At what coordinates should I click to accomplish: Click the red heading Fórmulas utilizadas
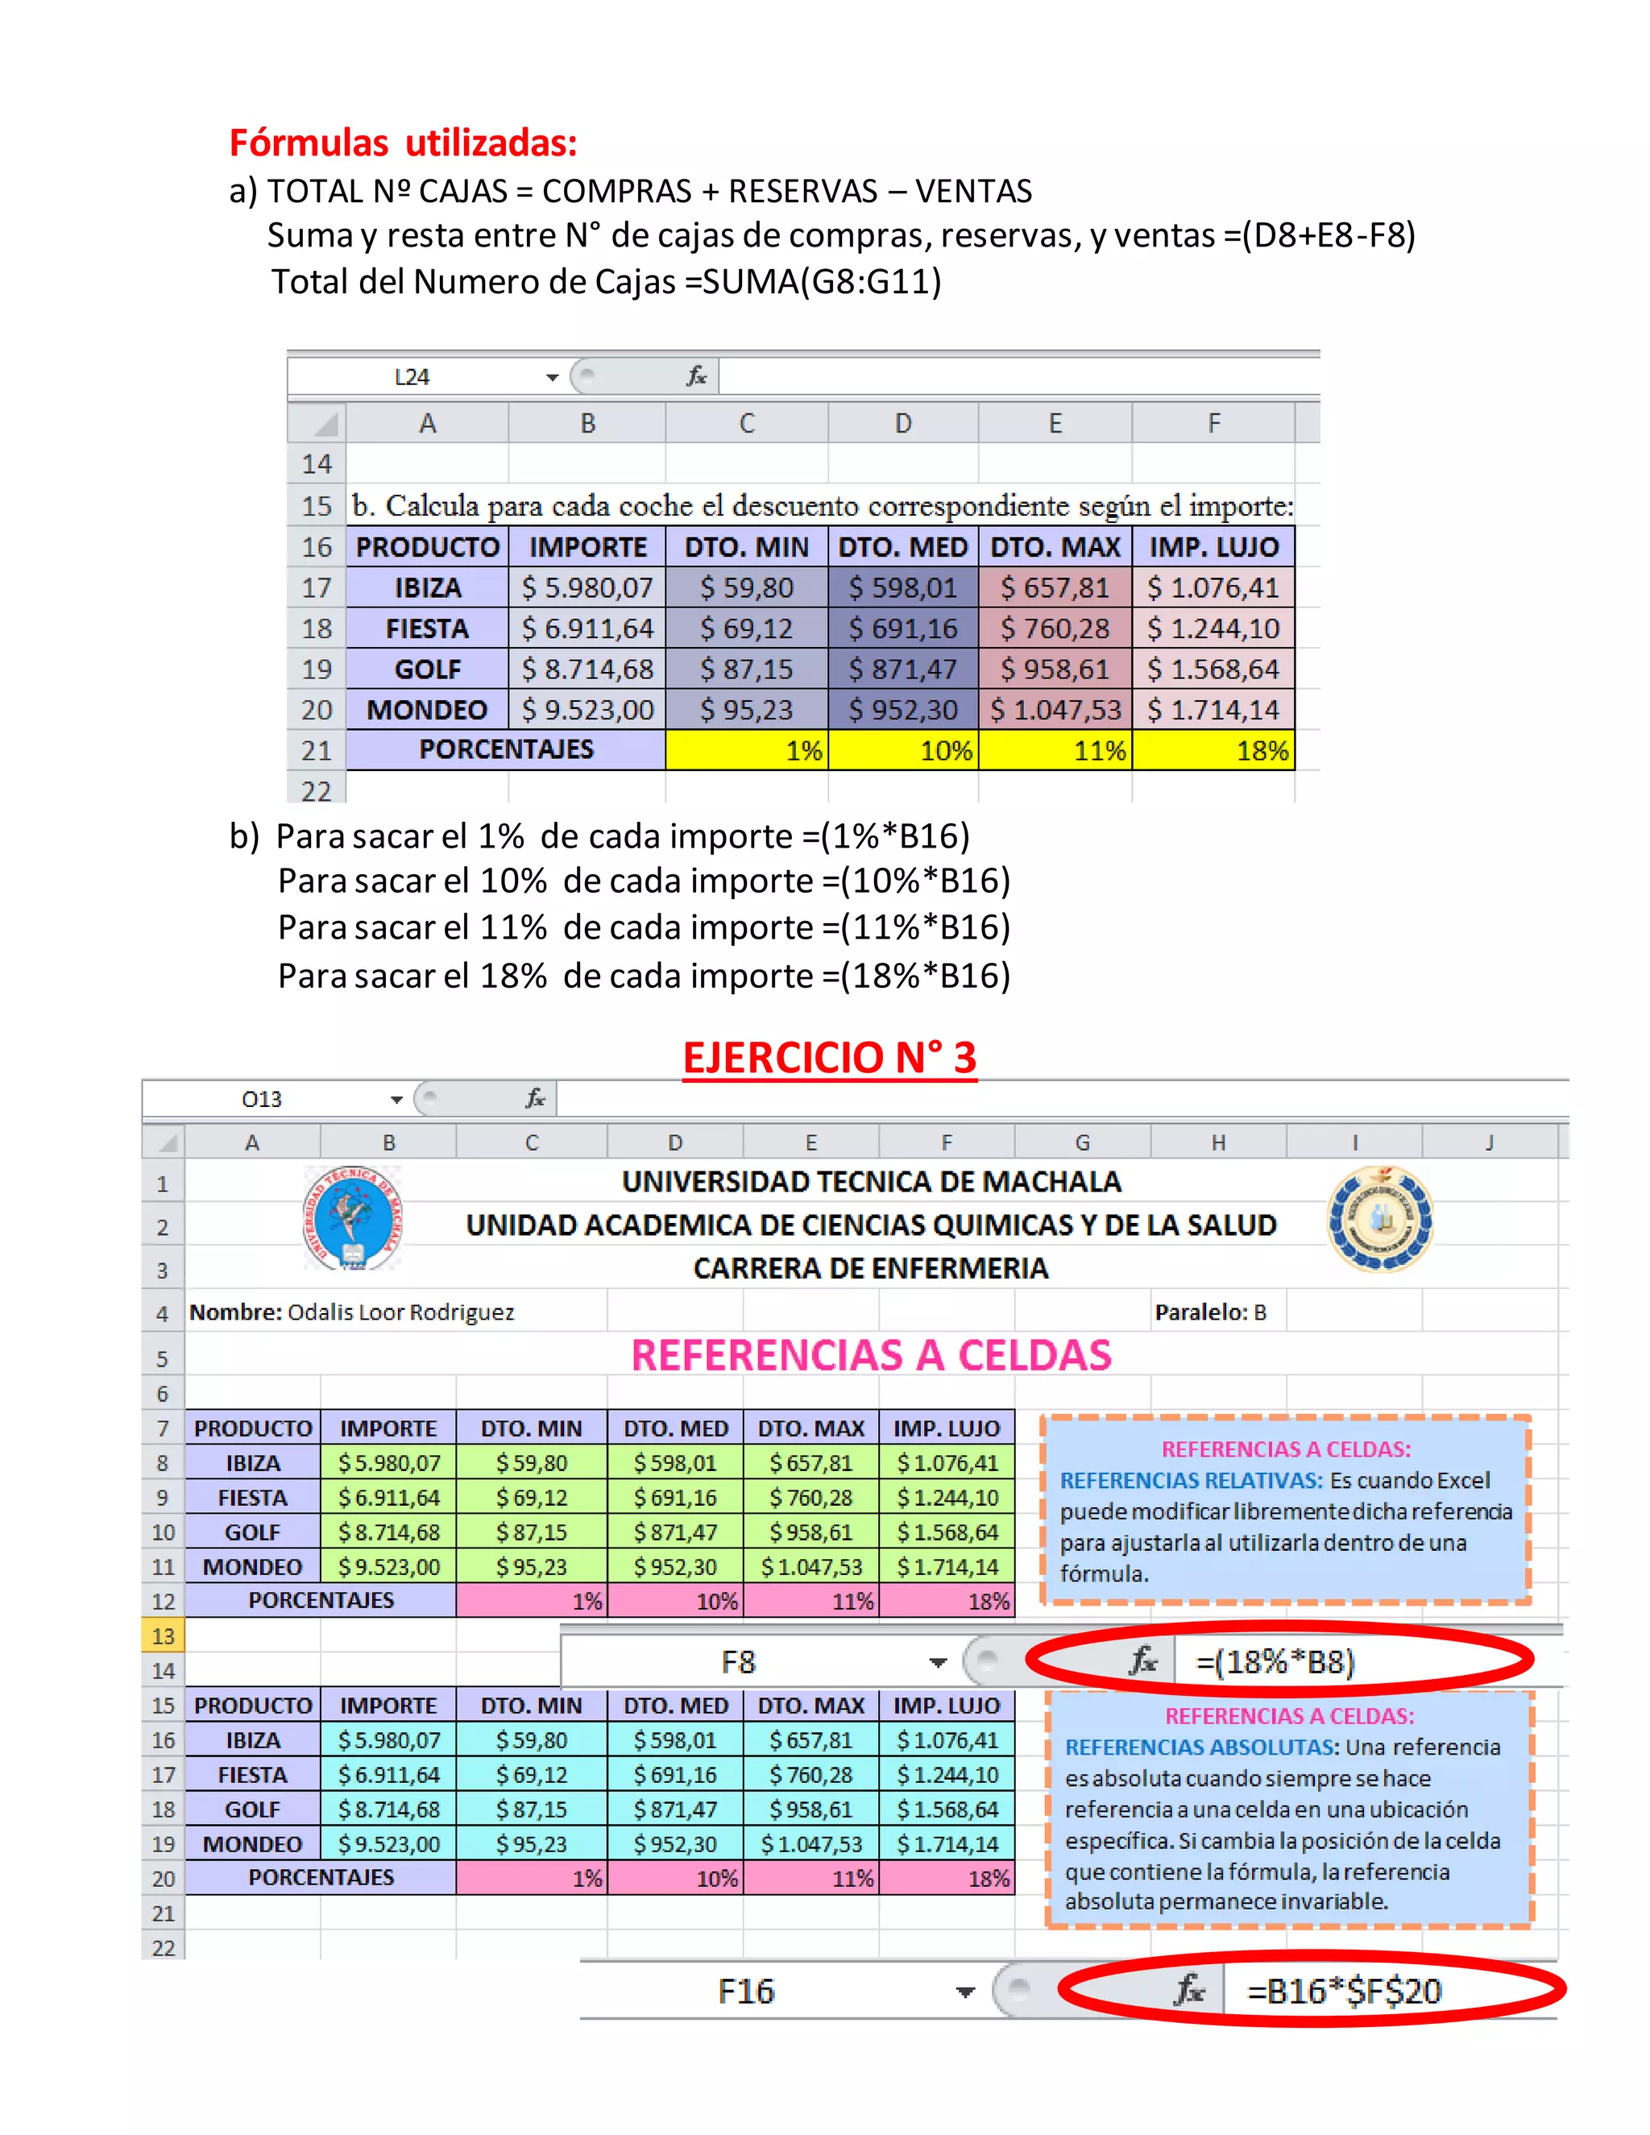pos(403,143)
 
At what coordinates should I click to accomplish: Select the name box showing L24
pos(412,377)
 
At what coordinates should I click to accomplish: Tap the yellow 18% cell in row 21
pos(1213,751)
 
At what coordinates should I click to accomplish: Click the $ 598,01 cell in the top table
pos(902,587)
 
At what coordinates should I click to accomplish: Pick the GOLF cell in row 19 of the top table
pos(427,670)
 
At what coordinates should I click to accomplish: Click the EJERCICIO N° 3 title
pos(829,1058)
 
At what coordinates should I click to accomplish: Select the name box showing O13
pos(262,1100)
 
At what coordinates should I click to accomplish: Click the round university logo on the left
pos(352,1218)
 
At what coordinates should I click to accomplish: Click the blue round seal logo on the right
pos(1379,1219)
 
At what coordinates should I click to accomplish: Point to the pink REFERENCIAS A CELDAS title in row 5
pos(871,1356)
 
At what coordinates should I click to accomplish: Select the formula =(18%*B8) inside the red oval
pos(1275,1662)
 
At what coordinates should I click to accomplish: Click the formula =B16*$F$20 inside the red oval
pos(1344,1992)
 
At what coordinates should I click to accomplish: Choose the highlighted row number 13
pos(164,1636)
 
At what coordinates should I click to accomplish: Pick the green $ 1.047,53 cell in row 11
pos(811,1568)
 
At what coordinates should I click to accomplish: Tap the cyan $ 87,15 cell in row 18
pos(531,1810)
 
